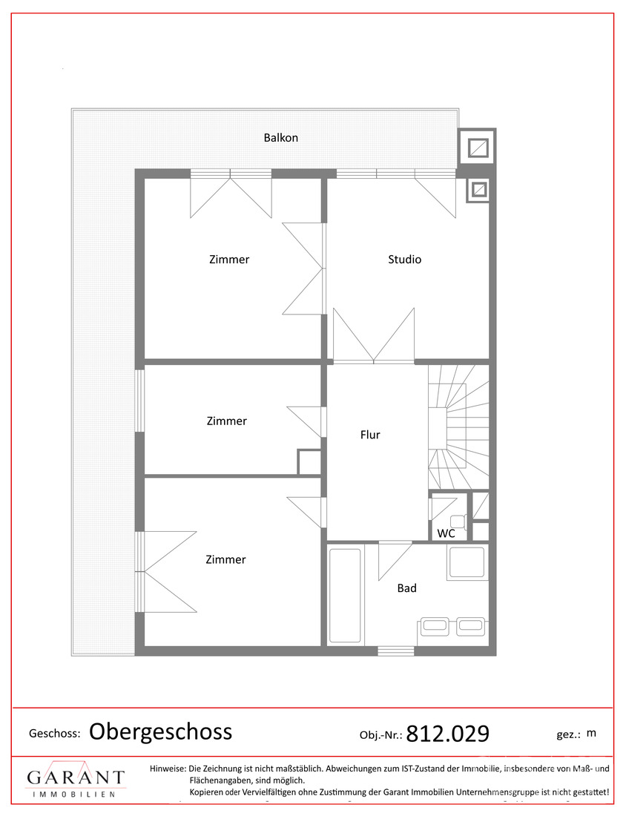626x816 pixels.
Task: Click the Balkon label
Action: [x=280, y=138]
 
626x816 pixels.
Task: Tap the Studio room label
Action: [x=404, y=259]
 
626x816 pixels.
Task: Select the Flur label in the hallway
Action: [x=370, y=435]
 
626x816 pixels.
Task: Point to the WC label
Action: [x=446, y=533]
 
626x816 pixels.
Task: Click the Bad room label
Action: [x=407, y=588]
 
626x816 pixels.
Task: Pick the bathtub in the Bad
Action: [x=346, y=595]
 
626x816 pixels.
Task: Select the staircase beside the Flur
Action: [x=458, y=427]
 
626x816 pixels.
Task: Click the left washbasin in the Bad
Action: [x=435, y=626]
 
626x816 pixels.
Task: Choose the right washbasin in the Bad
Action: [x=470, y=626]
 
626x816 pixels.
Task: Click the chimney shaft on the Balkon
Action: [x=477, y=148]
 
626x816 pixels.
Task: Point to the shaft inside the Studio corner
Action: [x=478, y=191]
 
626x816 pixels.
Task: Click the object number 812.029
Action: [x=447, y=734]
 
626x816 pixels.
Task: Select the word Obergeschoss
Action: [x=160, y=731]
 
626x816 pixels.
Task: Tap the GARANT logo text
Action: [x=76, y=778]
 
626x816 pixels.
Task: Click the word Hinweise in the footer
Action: [x=168, y=768]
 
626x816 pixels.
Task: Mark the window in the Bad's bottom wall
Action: [x=396, y=651]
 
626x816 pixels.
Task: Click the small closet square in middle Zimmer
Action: [x=309, y=462]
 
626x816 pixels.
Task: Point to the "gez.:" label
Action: [x=568, y=735]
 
